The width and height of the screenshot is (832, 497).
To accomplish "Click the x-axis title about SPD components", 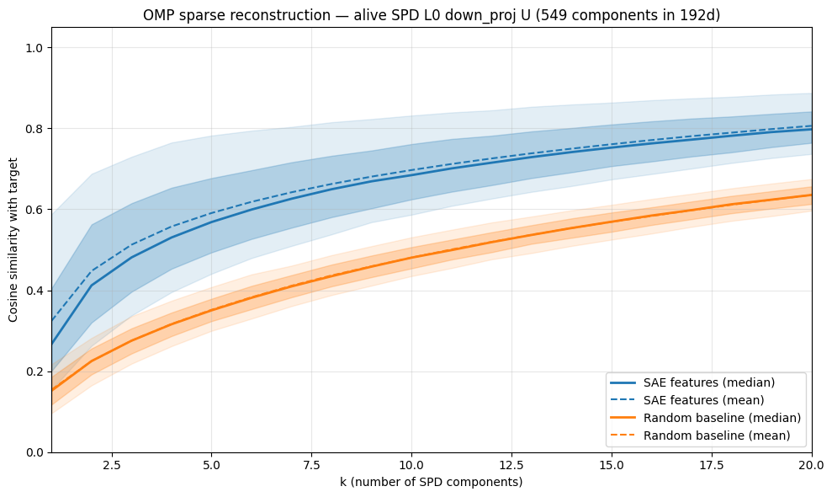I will point(432,482).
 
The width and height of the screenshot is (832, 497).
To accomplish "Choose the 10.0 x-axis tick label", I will point(411,464).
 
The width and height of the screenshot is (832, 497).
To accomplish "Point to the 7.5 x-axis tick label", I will point(312,464).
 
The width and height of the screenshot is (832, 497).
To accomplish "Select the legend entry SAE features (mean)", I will point(704,400).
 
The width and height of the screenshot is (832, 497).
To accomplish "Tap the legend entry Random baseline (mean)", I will point(717,436).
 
